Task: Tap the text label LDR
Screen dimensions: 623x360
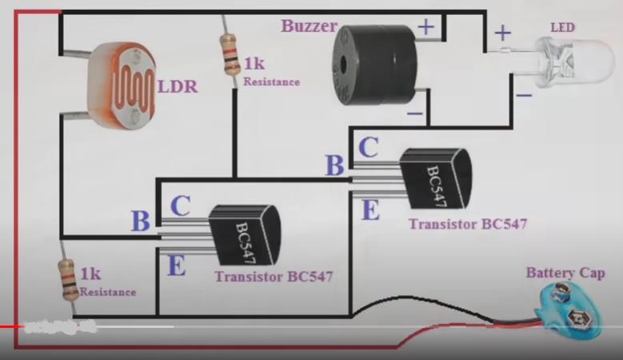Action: (x=177, y=86)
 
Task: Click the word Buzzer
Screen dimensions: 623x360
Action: (x=309, y=26)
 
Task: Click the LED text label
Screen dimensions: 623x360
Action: (x=562, y=27)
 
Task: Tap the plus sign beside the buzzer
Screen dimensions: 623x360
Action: (x=426, y=27)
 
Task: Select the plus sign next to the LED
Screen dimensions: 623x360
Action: (x=502, y=33)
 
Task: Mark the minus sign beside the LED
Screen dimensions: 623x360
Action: (x=523, y=95)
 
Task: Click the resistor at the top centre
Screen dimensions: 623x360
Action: (x=231, y=55)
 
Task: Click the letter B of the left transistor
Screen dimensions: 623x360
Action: (x=140, y=221)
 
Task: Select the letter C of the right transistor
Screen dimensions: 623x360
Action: (x=368, y=147)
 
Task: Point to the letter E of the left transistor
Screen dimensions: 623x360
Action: (x=176, y=264)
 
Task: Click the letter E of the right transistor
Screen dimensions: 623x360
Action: (x=370, y=210)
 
